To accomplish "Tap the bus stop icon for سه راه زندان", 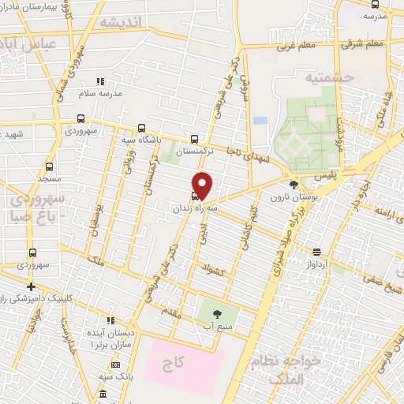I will tap(195, 196).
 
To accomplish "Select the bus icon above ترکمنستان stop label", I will tap(195, 139).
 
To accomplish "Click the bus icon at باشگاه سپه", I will tap(141, 128).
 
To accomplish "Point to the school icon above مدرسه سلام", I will tap(99, 81).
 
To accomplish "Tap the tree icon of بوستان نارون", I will tap(294, 184).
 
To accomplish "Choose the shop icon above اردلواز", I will tap(316, 252).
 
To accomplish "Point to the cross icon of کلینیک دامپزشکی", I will tap(31, 286).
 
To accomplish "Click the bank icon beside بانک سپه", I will tap(103, 392).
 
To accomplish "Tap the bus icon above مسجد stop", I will tap(50, 166).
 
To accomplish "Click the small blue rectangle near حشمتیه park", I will tap(260, 121).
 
